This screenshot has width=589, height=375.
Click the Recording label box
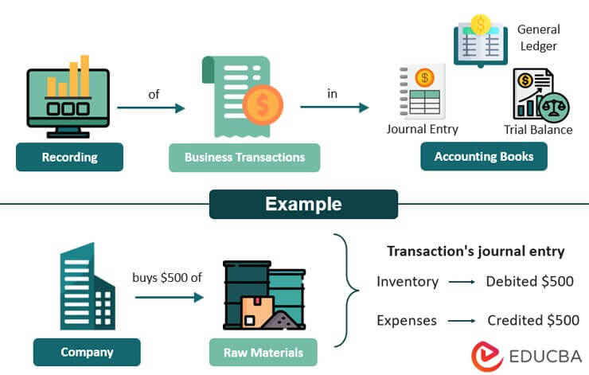pyautogui.click(x=69, y=157)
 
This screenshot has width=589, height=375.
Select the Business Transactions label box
pyautogui.click(x=244, y=157)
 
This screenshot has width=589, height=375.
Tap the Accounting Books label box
pyautogui.click(x=483, y=157)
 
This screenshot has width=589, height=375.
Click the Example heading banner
pyautogui.click(x=302, y=204)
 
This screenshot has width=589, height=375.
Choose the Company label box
pyautogui.click(x=87, y=352)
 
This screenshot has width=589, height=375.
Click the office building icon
pyautogui.click(x=87, y=287)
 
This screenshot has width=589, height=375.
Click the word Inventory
pyautogui.click(x=407, y=281)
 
